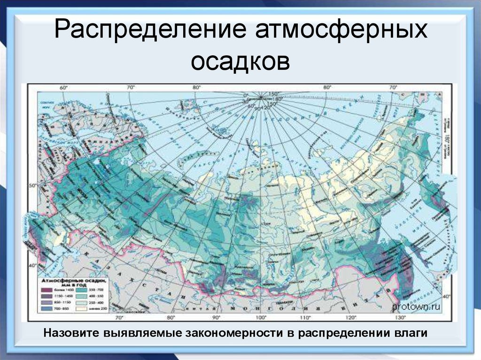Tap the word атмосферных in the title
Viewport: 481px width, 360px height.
pyautogui.click(x=341, y=31)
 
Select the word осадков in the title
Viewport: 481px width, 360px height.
pyautogui.click(x=240, y=61)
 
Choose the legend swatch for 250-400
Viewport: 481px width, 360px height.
pyautogui.click(x=79, y=304)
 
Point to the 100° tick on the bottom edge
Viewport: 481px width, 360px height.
pyautogui.click(x=257, y=317)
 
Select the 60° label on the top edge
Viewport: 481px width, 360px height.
pyautogui.click(x=63, y=87)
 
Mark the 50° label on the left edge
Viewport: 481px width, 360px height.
pyautogui.click(x=32, y=186)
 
